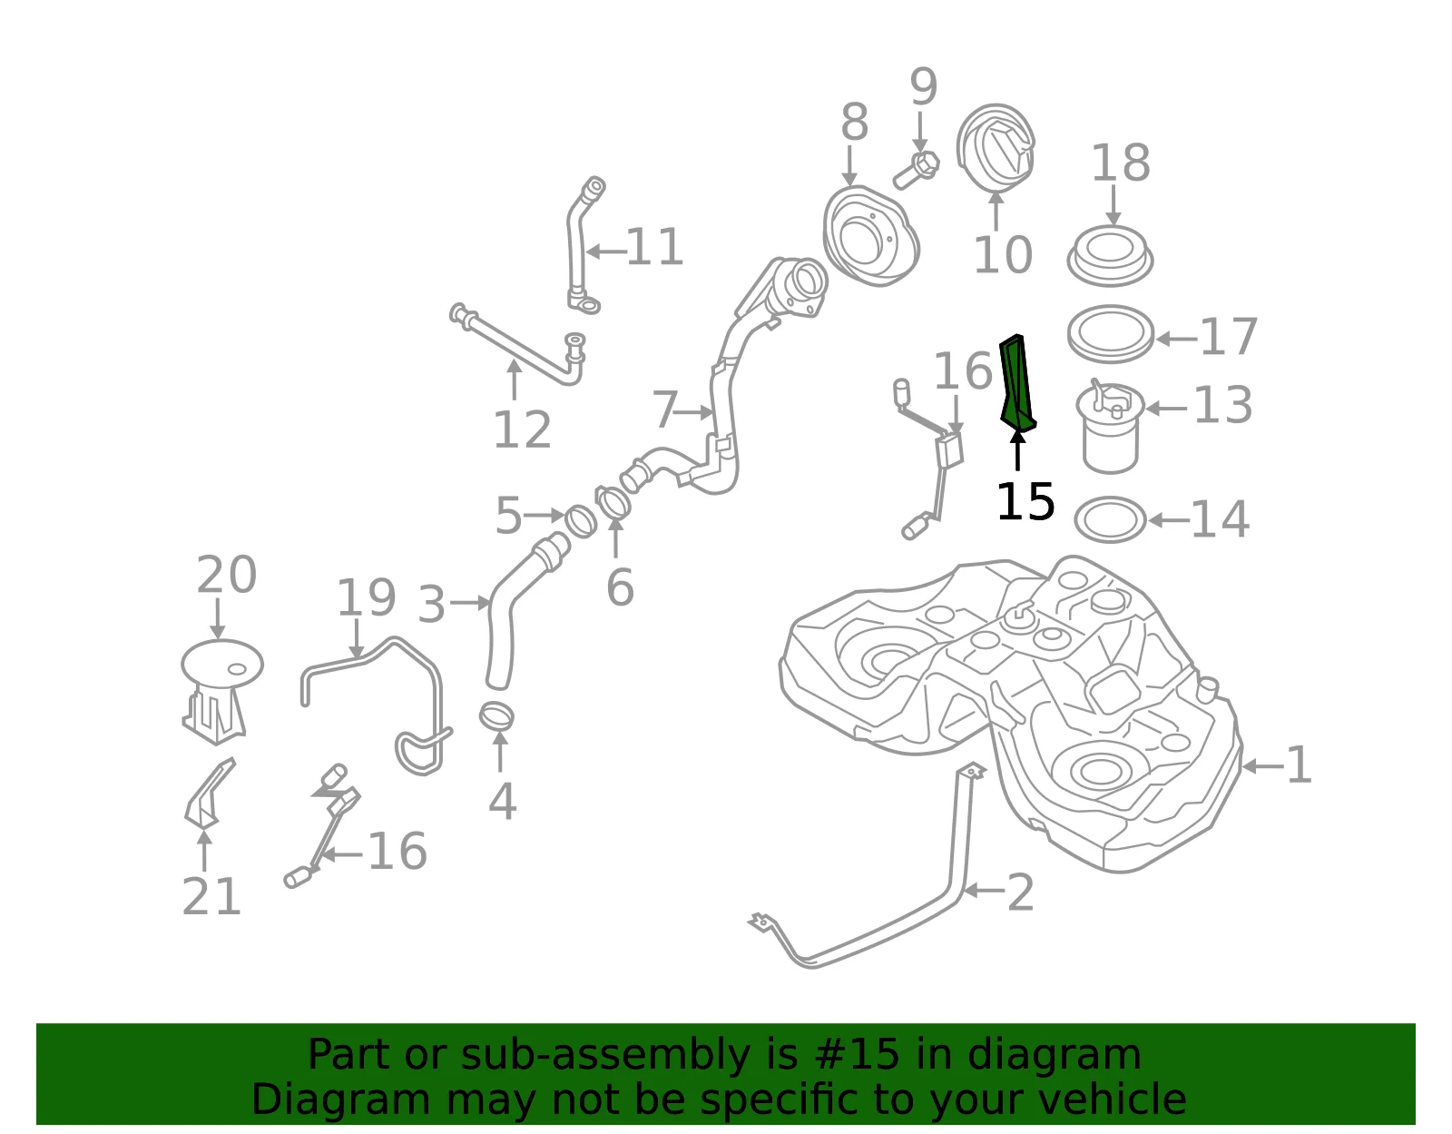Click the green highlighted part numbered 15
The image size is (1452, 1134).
pyautogui.click(x=1016, y=383)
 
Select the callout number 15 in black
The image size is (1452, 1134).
pyautogui.click(x=1025, y=501)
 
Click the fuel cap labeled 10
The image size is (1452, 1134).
pyautogui.click(x=996, y=148)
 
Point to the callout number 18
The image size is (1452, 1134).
pyautogui.click(x=1121, y=163)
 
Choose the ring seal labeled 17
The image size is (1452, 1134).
pyautogui.click(x=1111, y=333)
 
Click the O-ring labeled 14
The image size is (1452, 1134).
pyautogui.click(x=1110, y=519)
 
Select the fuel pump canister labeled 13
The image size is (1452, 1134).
pyautogui.click(x=1110, y=428)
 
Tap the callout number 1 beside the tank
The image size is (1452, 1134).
pyautogui.click(x=1299, y=765)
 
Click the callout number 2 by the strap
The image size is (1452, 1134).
pyautogui.click(x=1020, y=892)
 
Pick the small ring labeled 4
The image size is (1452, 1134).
pyautogui.click(x=496, y=716)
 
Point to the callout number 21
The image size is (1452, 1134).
pyautogui.click(x=211, y=897)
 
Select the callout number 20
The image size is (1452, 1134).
pyautogui.click(x=227, y=575)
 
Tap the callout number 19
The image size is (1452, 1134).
pyautogui.click(x=366, y=598)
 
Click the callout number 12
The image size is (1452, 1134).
pyautogui.click(x=522, y=429)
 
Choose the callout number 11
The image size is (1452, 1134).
pyautogui.click(x=655, y=247)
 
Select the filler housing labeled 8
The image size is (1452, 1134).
pyautogui.click(x=870, y=236)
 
